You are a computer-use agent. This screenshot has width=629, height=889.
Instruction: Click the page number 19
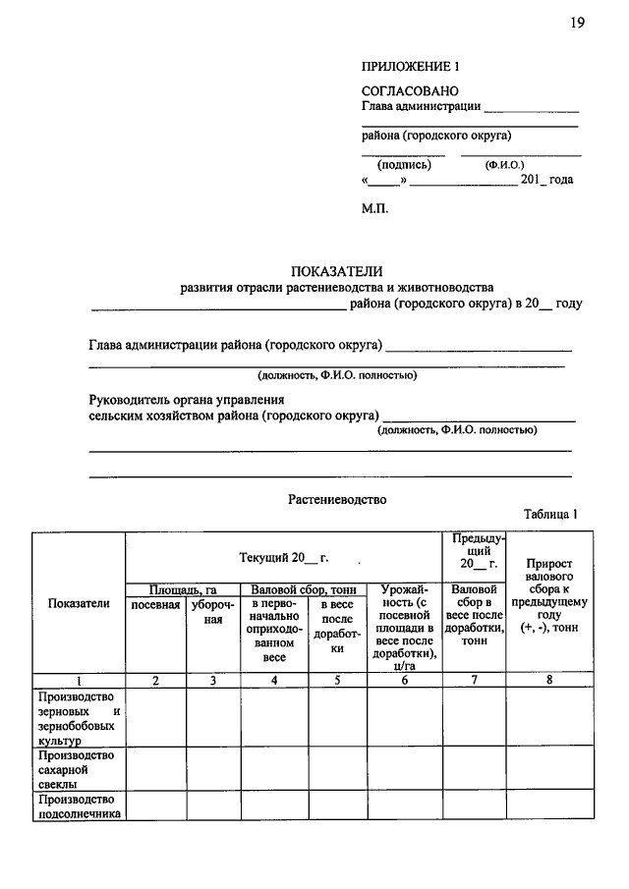577,23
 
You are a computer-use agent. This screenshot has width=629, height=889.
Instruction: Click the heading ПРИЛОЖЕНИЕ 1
410,67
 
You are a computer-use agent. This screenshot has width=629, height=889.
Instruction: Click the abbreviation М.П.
375,209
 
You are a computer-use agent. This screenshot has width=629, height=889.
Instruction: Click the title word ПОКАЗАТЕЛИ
335,271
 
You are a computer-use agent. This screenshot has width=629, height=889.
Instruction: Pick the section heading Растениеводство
337,499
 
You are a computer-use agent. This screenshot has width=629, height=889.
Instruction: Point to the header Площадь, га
188,589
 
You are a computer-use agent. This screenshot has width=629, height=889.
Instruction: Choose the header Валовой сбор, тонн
304,589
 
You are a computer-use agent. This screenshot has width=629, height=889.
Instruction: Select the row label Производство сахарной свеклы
76,769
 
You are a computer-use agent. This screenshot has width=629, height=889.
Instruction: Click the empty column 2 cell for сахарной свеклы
155,769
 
